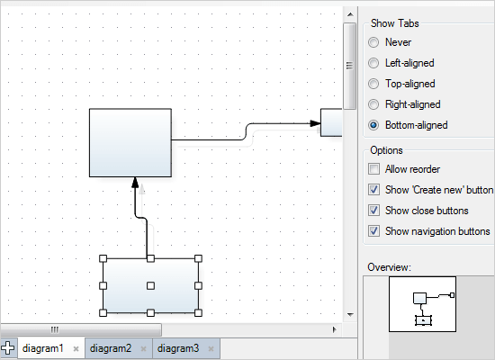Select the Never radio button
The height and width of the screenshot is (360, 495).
coord(373,42)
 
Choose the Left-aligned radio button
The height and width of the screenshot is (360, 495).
coord(373,63)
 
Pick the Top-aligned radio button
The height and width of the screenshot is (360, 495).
coord(373,84)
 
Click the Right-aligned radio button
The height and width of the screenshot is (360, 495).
coord(373,104)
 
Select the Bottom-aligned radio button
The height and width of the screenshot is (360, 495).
coord(373,125)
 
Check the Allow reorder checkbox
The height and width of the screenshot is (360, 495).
coord(374,169)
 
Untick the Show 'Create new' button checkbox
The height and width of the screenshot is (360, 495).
coord(374,190)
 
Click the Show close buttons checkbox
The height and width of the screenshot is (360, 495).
coord(374,211)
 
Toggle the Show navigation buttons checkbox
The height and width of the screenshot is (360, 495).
coord(374,231)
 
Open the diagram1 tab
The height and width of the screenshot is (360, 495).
coord(43,348)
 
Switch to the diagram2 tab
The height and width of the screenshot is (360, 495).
coord(111,348)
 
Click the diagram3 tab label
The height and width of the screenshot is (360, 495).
coord(178,348)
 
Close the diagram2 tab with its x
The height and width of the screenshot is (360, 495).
coord(144,348)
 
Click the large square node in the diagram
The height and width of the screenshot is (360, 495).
coord(130,142)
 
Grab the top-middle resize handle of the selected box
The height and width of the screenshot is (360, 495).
coord(151,259)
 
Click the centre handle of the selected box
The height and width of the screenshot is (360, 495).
coord(151,285)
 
